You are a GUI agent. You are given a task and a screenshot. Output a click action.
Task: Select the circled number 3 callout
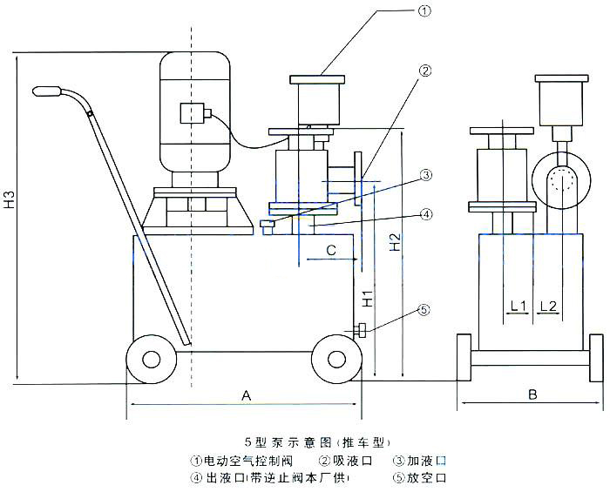click(x=425, y=175)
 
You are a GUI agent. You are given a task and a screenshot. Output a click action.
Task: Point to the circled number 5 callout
click(x=424, y=309)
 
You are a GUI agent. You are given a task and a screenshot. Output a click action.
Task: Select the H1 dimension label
click(x=369, y=298)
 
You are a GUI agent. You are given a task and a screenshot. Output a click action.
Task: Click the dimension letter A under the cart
click(x=246, y=395)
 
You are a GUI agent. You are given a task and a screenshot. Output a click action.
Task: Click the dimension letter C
click(x=330, y=251)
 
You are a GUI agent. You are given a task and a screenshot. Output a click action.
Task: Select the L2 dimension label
click(x=549, y=306)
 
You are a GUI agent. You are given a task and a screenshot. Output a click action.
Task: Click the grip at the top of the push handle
click(x=51, y=91)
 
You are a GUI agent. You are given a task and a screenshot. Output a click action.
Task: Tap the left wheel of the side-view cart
click(x=148, y=358)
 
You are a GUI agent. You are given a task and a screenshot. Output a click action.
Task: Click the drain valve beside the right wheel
click(x=359, y=330)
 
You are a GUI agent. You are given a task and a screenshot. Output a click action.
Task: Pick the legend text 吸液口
click(x=351, y=460)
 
